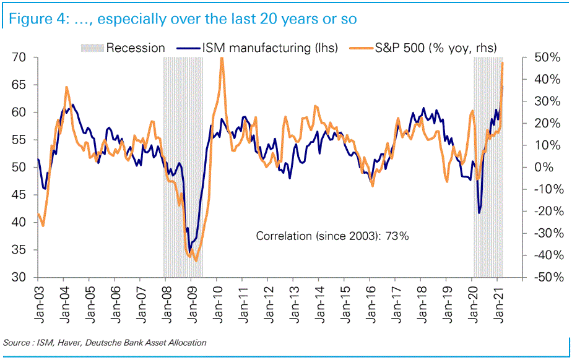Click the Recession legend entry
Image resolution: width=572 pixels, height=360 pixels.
coord(134,48)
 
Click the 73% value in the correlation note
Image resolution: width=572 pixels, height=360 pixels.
coord(397,236)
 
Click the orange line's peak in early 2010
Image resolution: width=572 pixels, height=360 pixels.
coord(222,58)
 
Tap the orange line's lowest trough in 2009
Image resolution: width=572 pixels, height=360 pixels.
coord(196,260)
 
